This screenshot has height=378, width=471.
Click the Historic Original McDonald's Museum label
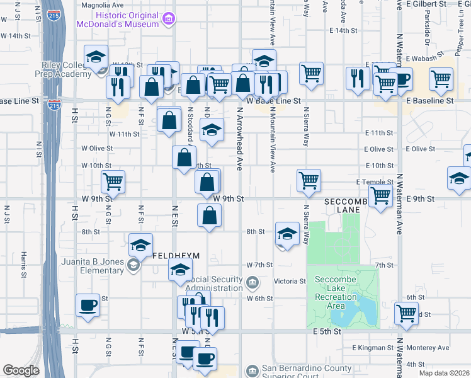click(116, 20)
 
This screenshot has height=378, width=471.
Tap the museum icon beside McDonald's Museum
click(168, 20)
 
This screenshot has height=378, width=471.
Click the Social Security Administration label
click(214, 283)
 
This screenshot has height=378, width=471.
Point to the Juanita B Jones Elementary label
click(84, 266)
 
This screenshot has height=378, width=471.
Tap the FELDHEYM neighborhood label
click(176, 256)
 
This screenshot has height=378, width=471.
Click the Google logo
click(21, 370)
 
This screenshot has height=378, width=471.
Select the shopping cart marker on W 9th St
click(113, 181)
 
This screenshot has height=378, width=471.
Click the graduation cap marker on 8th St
click(287, 235)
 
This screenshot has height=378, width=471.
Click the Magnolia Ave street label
click(103, 4)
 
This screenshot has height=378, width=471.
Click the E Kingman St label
click(373, 348)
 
